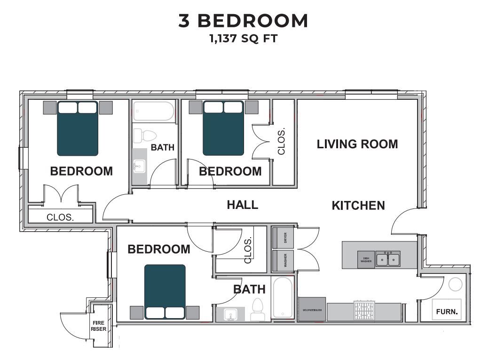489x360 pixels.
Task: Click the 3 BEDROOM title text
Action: click(243, 21)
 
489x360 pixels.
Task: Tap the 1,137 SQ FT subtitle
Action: click(243, 39)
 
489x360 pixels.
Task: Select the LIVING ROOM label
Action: click(357, 144)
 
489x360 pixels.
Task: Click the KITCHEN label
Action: click(358, 206)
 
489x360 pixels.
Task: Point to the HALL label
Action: click(242, 205)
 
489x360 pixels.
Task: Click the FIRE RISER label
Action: click(98, 326)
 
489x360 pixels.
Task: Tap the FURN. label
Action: click(447, 312)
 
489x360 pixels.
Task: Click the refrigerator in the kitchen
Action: click(312, 310)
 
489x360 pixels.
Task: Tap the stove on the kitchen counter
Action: click(365, 311)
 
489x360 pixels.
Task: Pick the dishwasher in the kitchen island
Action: click(366, 259)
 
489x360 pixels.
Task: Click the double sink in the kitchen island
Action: click(388, 259)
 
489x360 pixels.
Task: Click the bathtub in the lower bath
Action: click(283, 297)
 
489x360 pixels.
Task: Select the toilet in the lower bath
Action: click(258, 310)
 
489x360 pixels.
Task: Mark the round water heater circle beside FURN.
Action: click(455, 284)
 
